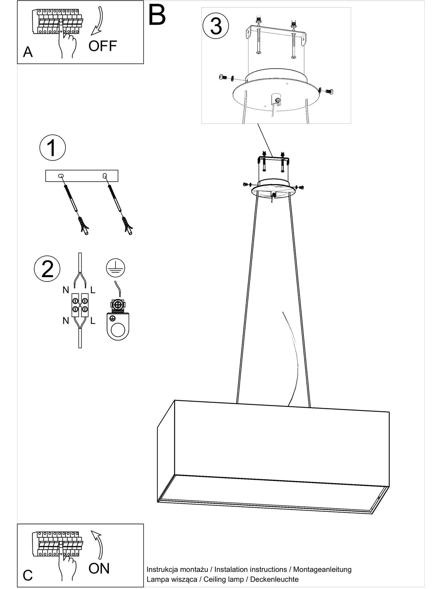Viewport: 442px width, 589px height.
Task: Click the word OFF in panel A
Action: point(103,46)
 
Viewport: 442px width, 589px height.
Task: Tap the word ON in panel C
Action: point(99,568)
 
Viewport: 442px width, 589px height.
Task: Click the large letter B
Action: point(157,15)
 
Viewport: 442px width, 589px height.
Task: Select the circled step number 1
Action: point(52,148)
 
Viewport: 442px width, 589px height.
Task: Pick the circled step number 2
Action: point(47,269)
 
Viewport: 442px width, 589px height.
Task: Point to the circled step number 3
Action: point(216,26)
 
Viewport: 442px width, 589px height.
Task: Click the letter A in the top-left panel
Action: point(28,52)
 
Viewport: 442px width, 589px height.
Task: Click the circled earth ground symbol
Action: point(116,268)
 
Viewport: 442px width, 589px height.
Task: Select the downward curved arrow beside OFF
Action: point(98,21)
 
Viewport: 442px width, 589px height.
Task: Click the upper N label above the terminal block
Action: point(66,290)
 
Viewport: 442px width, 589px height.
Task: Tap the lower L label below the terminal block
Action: point(93,321)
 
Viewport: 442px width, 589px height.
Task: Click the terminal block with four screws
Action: point(80,305)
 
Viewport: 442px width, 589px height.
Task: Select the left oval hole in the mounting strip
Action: point(61,176)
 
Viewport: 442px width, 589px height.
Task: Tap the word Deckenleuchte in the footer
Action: point(274,579)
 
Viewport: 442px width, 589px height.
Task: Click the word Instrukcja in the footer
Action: point(162,570)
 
